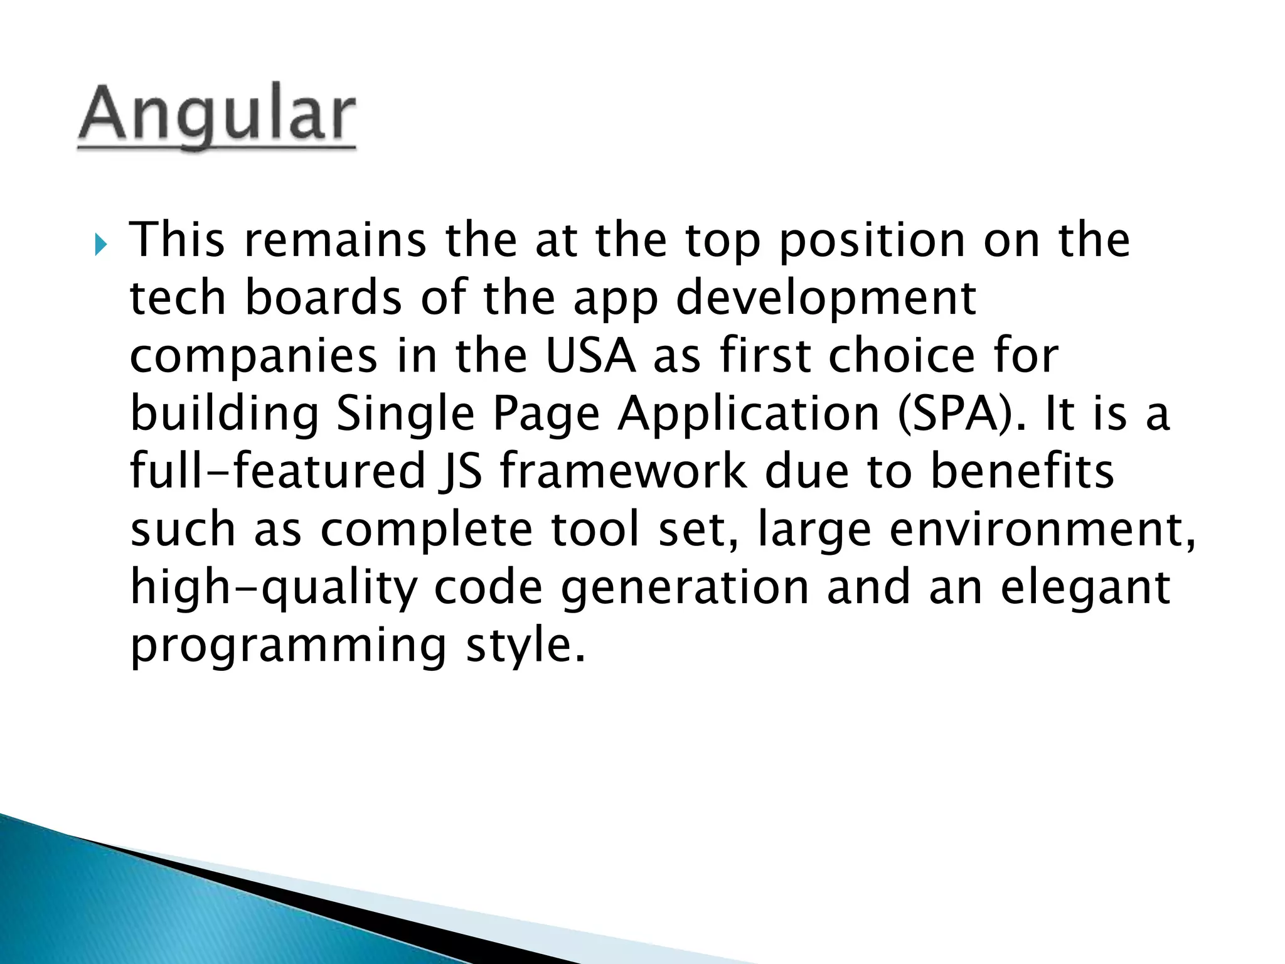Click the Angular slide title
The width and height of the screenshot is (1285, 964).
pos(216,116)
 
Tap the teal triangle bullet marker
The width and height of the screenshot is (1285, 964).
pos(101,244)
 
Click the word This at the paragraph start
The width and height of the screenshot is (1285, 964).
pos(177,240)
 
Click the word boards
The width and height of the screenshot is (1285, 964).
pos(323,297)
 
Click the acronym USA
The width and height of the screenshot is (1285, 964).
pos(590,355)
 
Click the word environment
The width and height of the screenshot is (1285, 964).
pos(1042,529)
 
